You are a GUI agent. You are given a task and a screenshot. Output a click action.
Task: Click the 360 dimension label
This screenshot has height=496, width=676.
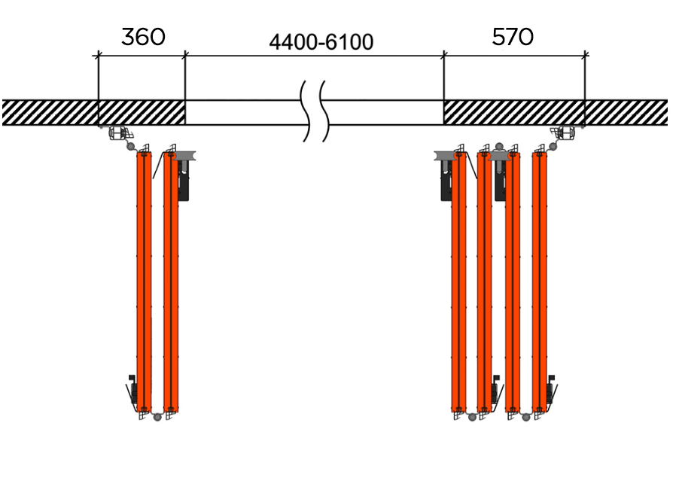pyautogui.click(x=142, y=37)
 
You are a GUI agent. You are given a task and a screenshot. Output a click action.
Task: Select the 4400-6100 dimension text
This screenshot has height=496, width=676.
pyautogui.click(x=321, y=42)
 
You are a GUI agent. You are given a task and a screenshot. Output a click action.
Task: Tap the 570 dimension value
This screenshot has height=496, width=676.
pyautogui.click(x=513, y=37)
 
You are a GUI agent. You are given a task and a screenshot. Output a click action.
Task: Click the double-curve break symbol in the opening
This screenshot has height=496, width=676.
pyautogui.click(x=315, y=111)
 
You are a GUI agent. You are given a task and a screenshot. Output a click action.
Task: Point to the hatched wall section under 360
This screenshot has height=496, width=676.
pyautogui.click(x=142, y=112)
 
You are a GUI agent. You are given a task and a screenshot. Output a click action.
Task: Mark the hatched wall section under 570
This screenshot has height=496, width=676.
pyautogui.click(x=514, y=112)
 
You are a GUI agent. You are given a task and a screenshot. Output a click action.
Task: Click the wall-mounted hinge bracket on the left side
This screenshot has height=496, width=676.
pyautogui.click(x=117, y=134)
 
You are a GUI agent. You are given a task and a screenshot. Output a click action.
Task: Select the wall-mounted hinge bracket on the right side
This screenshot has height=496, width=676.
pyautogui.click(x=565, y=134)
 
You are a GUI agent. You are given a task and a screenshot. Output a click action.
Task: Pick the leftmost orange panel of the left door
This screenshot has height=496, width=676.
pyautogui.click(x=143, y=282)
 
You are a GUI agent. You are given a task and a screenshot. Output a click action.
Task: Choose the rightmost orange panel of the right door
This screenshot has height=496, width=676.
pyautogui.click(x=539, y=282)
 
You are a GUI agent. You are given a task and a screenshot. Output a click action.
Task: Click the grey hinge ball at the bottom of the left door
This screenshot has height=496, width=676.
pyautogui.click(x=157, y=416)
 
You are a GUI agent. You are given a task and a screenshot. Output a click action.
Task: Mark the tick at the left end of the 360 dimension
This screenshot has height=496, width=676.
pyautogui.click(x=98, y=55)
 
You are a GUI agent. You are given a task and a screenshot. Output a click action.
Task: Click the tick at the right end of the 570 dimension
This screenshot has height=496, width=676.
pyautogui.click(x=585, y=54)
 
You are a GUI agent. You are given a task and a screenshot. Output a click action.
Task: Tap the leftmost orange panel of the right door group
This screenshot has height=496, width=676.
pyautogui.click(x=458, y=282)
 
